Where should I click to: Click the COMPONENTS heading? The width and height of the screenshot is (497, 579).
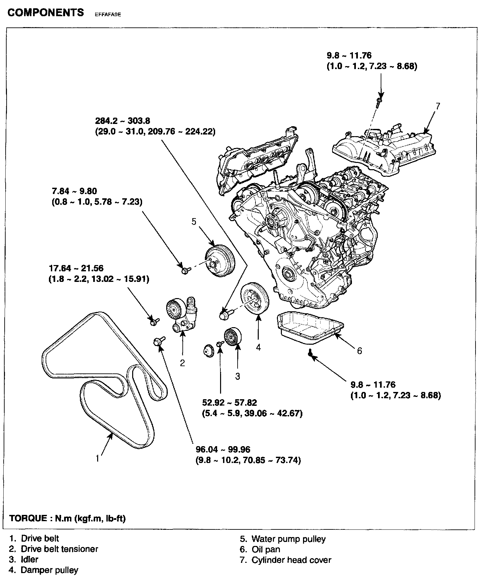tap(46, 13)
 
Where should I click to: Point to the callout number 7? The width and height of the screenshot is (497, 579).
tap(438, 106)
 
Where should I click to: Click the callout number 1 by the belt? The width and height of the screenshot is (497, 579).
tap(97, 458)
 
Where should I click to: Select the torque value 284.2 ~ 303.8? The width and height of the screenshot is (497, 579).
tap(123, 121)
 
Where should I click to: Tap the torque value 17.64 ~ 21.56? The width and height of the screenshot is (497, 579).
tap(76, 268)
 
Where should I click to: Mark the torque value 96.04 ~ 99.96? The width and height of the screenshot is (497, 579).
tap(223, 449)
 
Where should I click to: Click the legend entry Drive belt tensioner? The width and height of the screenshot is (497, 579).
tap(59, 549)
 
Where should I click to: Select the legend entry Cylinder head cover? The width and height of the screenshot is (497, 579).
tap(291, 560)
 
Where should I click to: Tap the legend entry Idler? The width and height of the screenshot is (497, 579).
tap(29, 560)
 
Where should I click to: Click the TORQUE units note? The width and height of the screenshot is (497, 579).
tap(68, 518)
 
